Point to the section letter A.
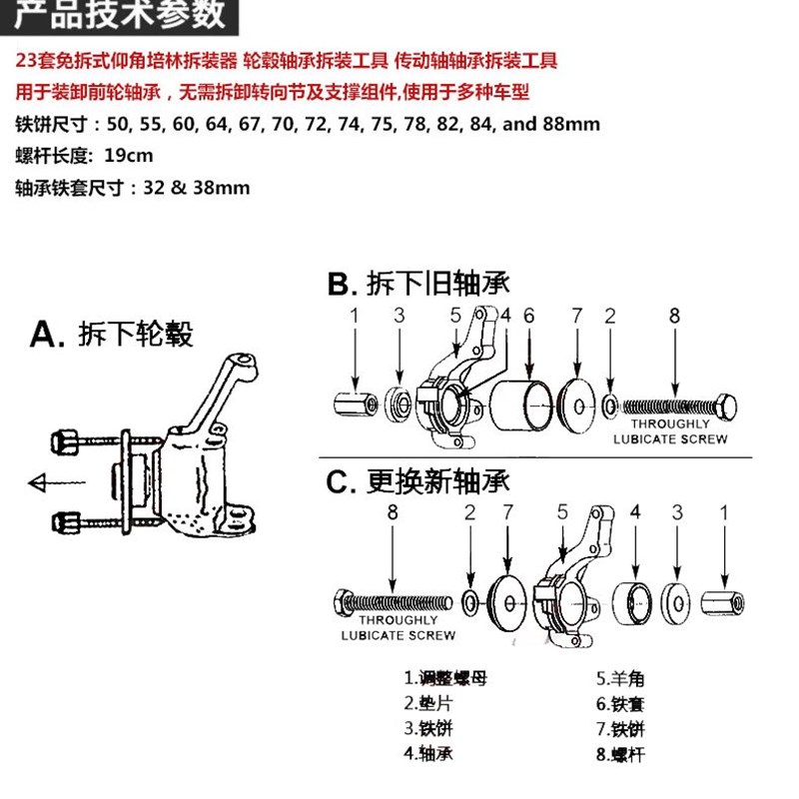click(48, 334)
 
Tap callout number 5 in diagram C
click(562, 511)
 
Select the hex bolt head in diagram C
click(342, 601)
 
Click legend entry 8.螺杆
click(620, 754)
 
